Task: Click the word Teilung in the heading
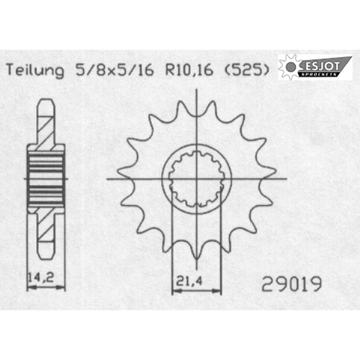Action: coord(35,71)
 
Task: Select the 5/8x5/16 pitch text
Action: coord(114,70)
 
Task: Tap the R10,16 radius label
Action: coord(189,70)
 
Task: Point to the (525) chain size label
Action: coord(246,70)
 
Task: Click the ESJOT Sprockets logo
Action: coord(315,67)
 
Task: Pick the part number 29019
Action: coord(292,284)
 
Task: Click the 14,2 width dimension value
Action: coord(41,278)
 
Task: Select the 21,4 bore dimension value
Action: coord(186,281)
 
